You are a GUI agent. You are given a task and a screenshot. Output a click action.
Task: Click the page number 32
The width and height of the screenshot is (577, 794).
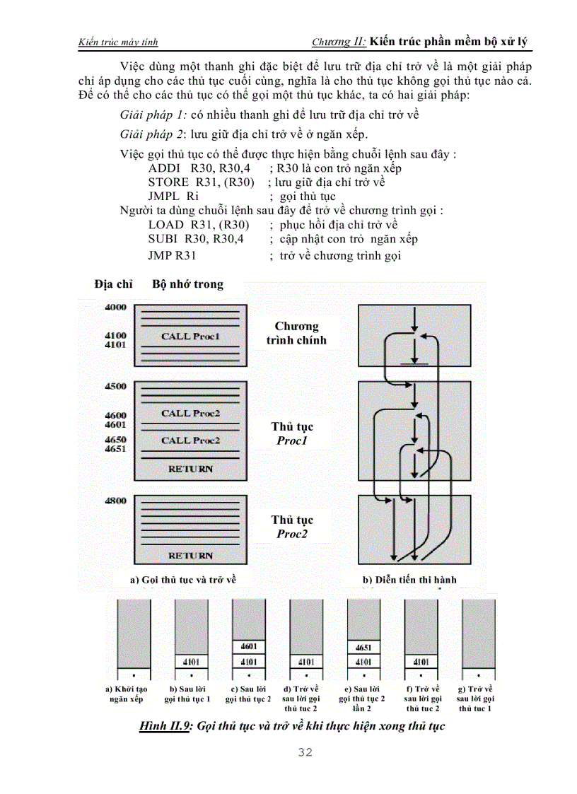tap(305, 752)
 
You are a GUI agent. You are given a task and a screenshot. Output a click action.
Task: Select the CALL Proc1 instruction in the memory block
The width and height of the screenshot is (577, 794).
tap(190, 337)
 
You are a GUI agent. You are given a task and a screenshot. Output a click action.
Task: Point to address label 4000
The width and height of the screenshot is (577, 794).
tap(115, 308)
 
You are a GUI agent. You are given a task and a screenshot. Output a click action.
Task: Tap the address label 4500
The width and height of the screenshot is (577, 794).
tap(115, 386)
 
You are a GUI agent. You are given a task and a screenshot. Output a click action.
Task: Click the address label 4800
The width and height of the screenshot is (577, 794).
tap(115, 501)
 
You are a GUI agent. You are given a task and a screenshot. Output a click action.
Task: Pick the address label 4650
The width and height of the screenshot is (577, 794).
tap(115, 439)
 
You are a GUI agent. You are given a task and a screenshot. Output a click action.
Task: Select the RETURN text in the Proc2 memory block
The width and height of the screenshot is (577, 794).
tap(190, 556)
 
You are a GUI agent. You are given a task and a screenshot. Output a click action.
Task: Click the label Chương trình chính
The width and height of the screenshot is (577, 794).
tap(296, 333)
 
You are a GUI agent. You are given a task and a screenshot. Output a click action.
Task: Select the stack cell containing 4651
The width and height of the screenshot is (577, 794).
tap(363, 647)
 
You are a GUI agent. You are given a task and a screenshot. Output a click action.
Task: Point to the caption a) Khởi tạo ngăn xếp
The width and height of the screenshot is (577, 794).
tap(127, 694)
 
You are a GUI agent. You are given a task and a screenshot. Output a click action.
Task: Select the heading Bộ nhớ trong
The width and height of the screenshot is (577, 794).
tap(187, 284)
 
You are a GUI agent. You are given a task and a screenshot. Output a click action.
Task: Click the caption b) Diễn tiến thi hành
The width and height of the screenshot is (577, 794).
tap(409, 580)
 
